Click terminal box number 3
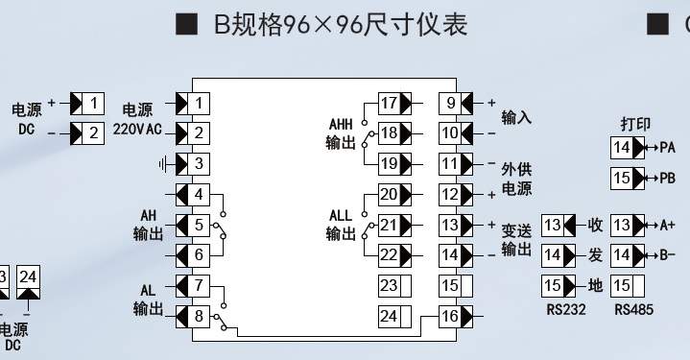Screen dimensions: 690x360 point(193,164)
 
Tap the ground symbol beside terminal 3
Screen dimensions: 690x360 point(163,164)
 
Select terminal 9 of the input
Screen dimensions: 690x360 point(456,103)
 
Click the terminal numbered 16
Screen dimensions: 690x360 point(456,316)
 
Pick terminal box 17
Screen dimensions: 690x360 point(395,103)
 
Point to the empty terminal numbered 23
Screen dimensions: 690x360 point(395,286)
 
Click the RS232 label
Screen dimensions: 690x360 point(566,310)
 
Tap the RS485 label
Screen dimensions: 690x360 point(633,310)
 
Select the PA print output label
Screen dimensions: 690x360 point(668,148)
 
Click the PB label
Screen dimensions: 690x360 point(668,179)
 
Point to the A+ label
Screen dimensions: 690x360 point(668,226)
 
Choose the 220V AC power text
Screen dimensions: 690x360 point(137,129)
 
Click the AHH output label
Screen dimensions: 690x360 point(341,133)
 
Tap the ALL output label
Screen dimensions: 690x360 point(341,225)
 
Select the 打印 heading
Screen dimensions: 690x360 point(635,124)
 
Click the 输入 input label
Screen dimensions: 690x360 point(516,117)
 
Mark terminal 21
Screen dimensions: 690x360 point(395,225)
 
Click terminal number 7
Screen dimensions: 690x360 point(193,286)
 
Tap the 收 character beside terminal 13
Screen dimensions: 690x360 point(595,225)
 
